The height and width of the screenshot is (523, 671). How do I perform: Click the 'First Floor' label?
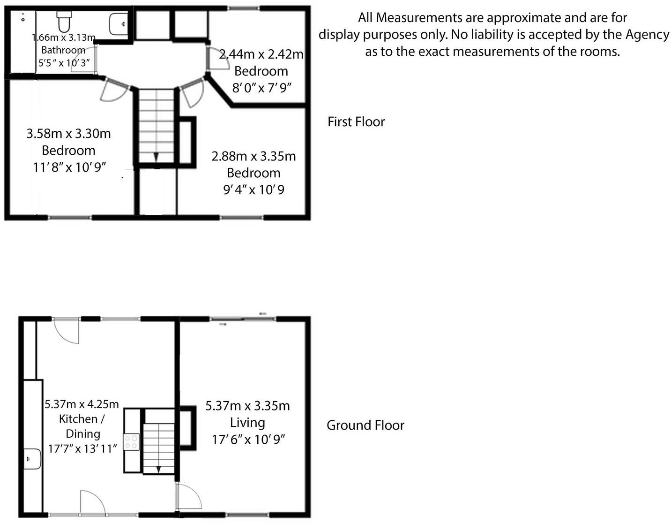coord(356,122)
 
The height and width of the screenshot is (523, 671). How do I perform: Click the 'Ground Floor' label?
coord(365,425)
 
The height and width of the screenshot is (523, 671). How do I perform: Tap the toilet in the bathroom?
coord(64,21)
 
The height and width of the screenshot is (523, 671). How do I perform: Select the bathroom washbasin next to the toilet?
coord(118,23)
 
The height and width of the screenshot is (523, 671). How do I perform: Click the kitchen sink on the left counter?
coord(32,458)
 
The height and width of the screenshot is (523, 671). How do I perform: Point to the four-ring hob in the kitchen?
coord(131,442)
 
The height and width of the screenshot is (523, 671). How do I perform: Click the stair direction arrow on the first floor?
coord(156,157)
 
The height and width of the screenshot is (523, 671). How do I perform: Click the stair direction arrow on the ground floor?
coord(158,469)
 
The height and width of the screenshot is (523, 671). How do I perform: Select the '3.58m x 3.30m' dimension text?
coord(68,134)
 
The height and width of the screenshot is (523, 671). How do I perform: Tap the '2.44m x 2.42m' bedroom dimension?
coord(261,54)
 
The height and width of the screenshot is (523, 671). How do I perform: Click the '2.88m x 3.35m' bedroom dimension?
coord(253,156)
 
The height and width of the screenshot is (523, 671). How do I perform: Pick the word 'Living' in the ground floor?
coord(247,423)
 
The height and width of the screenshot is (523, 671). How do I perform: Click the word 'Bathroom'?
coord(63,50)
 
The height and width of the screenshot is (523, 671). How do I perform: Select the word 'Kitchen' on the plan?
coord(78,419)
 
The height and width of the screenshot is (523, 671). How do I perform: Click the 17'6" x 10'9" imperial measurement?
coord(248,440)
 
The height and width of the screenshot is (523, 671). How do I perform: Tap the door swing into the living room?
coord(190,497)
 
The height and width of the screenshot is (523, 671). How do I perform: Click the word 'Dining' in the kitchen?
coord(82,434)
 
